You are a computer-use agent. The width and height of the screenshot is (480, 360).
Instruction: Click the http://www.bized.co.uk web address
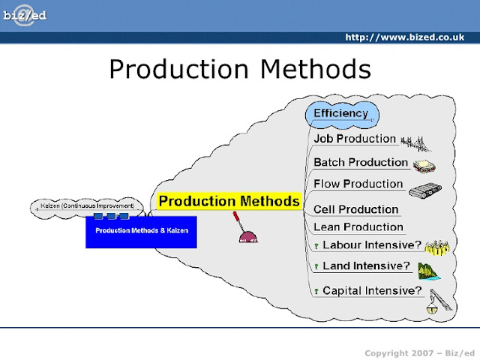pos(409,37)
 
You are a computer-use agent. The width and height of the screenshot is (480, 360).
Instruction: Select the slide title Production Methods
pos(240,69)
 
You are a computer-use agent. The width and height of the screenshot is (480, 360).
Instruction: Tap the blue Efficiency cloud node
pos(341,114)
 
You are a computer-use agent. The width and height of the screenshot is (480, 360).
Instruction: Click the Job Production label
pos(354,139)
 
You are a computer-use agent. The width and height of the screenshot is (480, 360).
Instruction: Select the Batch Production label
pos(361,163)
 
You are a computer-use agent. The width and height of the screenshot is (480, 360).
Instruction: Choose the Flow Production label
pos(358,184)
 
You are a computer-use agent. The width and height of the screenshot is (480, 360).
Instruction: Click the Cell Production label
pos(355,209)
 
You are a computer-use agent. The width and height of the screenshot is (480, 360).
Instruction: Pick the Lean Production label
pos(358,227)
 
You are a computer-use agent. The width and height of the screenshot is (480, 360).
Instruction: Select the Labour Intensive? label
pos(372,245)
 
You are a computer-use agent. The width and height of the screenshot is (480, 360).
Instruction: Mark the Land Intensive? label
pos(366,265)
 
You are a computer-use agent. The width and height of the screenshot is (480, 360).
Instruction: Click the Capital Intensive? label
pos(372,291)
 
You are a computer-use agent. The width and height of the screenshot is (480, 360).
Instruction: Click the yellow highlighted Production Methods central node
pos(229,202)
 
